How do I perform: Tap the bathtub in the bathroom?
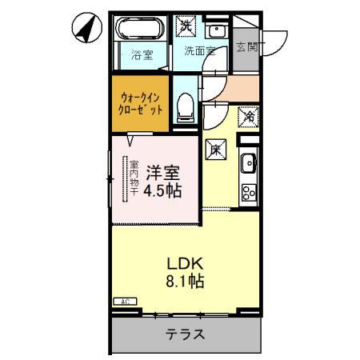pyautogui.click(x=141, y=31)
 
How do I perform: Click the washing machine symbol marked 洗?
pyautogui.click(x=185, y=26)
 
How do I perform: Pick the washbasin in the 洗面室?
pyautogui.click(x=215, y=30)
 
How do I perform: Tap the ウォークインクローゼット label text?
pyautogui.click(x=142, y=102)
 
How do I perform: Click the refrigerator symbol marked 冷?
pyautogui.click(x=249, y=116)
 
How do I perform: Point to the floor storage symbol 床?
pyautogui.click(x=215, y=148)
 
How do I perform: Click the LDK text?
pyautogui.click(x=184, y=264)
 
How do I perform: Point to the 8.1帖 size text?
pyautogui.click(x=184, y=282)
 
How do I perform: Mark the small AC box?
pyautogui.click(x=125, y=301)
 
